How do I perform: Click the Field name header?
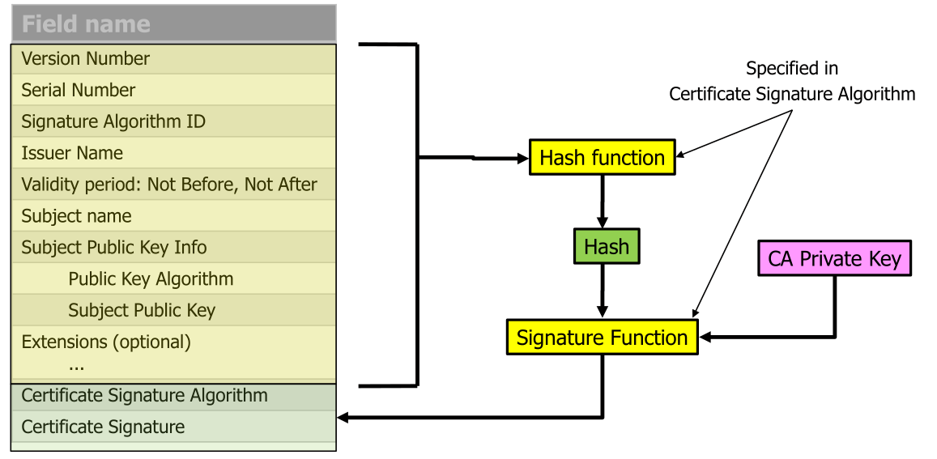173,24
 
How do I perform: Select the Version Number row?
173,59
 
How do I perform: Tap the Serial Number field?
173,90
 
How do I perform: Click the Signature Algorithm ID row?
173,121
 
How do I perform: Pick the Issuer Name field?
173,153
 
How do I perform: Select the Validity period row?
173,185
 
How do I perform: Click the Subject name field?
173,216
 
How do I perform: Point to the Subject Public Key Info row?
173,248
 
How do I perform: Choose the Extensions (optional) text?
106,342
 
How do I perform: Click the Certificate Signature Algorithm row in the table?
173,396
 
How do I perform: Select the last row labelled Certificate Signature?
173,427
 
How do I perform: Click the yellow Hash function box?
602,158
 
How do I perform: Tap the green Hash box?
606,247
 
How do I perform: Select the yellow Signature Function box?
602,338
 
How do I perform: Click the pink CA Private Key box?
834,259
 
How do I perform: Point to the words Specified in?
791,69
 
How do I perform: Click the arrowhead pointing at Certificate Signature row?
343,418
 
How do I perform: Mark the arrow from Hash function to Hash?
602,202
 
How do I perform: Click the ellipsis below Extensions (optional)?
76,366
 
